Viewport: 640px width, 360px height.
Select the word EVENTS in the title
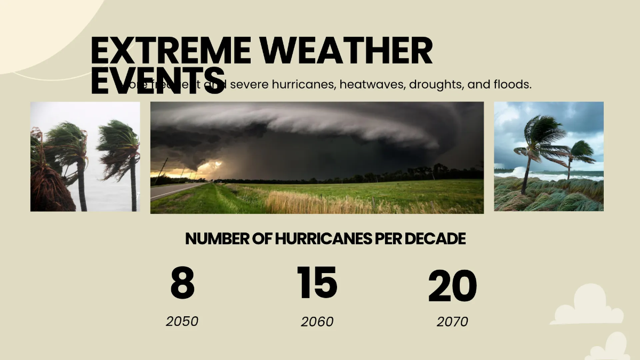point(157,81)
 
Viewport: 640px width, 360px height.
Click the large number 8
point(182,284)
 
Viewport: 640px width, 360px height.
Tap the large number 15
point(317,283)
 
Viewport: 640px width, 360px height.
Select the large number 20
point(452,287)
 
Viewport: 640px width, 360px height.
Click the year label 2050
point(182,322)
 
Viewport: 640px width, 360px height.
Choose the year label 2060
point(317,322)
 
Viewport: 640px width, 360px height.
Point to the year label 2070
point(452,322)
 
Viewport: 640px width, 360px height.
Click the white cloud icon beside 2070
point(587,306)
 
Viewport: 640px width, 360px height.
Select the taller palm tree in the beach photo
point(536,144)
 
